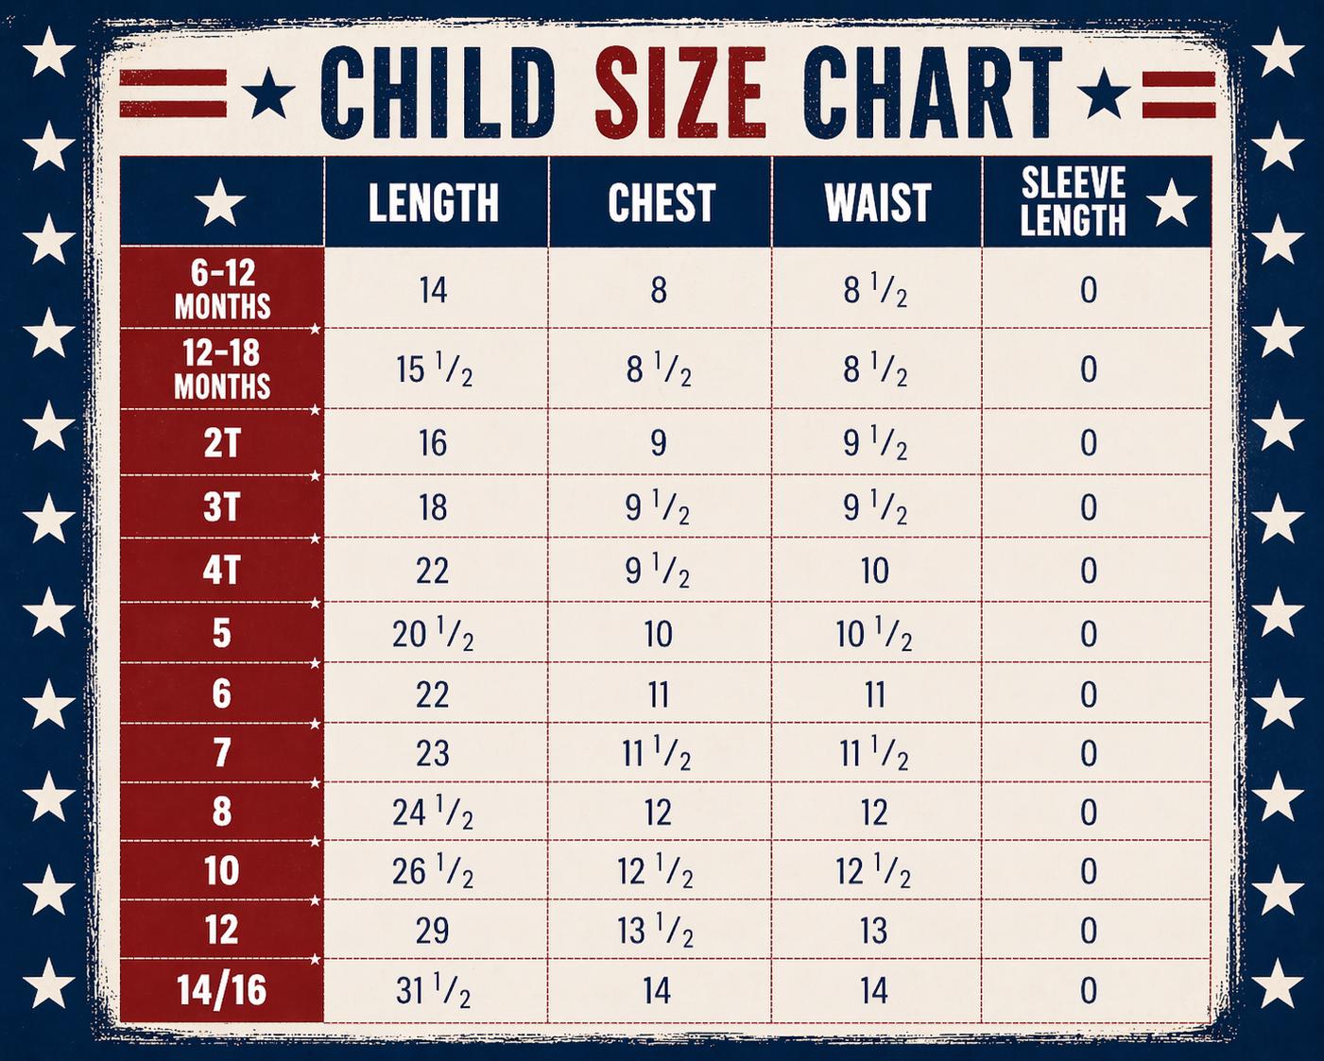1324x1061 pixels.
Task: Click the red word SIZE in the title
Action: [681, 92]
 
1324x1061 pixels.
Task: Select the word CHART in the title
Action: [932, 92]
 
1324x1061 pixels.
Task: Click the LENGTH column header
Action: [434, 202]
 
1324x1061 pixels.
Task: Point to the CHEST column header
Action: [662, 202]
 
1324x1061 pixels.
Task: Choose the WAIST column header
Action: [878, 202]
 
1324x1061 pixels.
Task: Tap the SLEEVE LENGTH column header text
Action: [1073, 201]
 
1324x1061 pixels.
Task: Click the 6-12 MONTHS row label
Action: [222, 289]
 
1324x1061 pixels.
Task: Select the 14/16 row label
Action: [222, 989]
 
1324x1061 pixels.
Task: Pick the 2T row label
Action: [221, 443]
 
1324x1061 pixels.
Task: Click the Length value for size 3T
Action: [433, 508]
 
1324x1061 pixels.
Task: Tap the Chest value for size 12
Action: [655, 931]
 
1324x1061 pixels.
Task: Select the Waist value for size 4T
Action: [874, 571]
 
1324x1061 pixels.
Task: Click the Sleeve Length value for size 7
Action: [1089, 753]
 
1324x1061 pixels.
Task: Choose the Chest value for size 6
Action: [659, 695]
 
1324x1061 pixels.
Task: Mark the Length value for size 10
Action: [433, 871]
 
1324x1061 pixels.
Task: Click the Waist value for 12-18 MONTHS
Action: [875, 370]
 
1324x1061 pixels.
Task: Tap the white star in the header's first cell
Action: [220, 202]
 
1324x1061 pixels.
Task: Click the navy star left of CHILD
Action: [268, 94]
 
